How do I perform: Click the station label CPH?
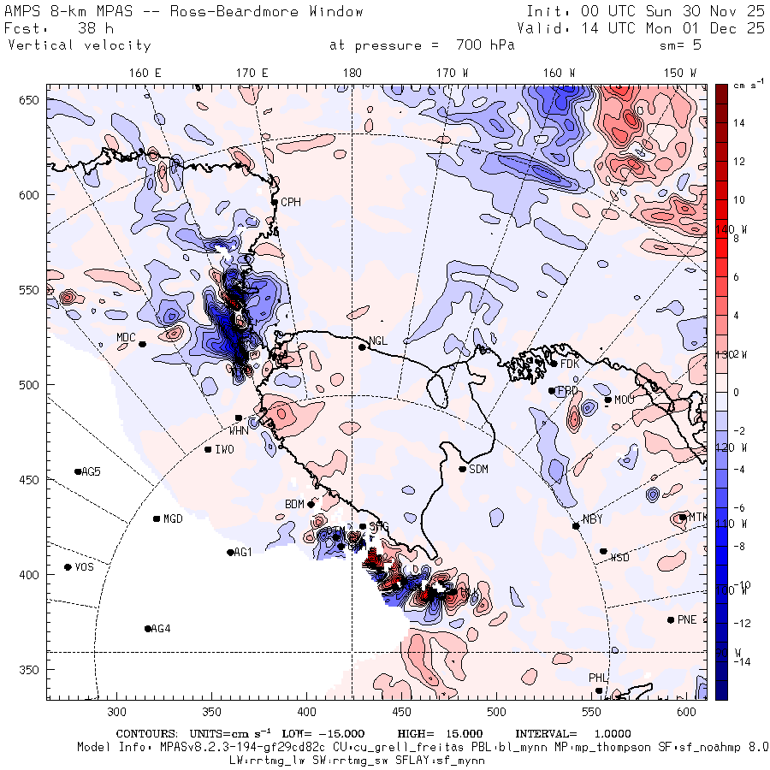pyautogui.click(x=291, y=202)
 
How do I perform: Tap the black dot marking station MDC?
pyautogui.click(x=142, y=344)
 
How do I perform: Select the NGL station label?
pyautogui.click(x=378, y=341)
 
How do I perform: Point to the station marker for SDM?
pyautogui.click(x=463, y=469)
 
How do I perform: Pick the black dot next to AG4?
pyautogui.click(x=148, y=629)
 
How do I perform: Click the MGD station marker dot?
pyautogui.click(x=157, y=518)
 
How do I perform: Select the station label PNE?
pyautogui.click(x=687, y=619)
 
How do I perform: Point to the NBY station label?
pyautogui.click(x=592, y=519)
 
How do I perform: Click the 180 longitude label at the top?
pyautogui.click(x=352, y=74)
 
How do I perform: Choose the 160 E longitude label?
pyautogui.click(x=145, y=74)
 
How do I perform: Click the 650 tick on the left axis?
pyautogui.click(x=32, y=101)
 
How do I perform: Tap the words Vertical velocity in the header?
pyautogui.click(x=80, y=45)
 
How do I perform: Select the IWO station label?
pyautogui.click(x=224, y=449)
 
